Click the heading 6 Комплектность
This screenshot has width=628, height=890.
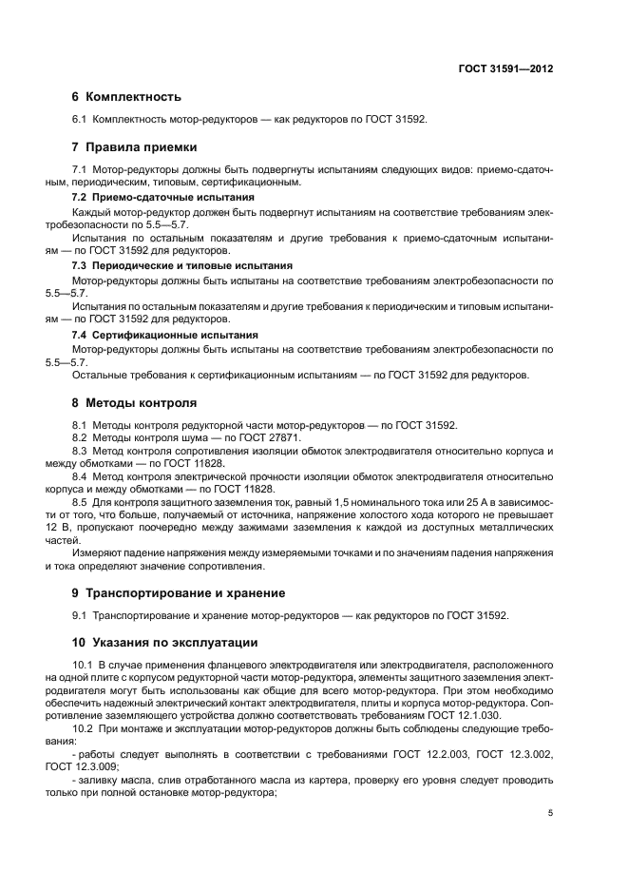(x=126, y=97)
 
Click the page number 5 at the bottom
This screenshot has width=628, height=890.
(x=550, y=813)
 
